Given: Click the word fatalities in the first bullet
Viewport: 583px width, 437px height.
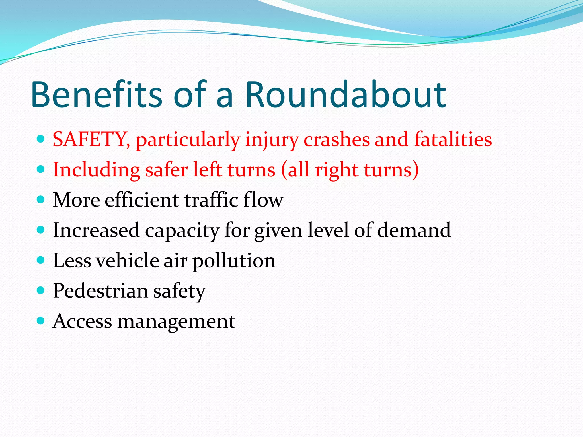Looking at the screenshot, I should coord(453,139).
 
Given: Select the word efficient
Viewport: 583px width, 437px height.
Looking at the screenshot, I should coord(142,200).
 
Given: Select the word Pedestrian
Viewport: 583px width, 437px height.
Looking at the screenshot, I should coord(100,291).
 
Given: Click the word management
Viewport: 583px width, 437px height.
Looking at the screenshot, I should coord(176,322).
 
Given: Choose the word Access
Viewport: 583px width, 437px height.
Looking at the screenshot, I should coord(82,321).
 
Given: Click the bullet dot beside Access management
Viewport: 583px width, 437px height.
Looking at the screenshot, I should coord(41,321).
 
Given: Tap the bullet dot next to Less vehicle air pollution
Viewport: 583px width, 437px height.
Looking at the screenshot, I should coord(41,260).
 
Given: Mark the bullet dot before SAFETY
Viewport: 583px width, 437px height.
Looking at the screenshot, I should coord(41,139).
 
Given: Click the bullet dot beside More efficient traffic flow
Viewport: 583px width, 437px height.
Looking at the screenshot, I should coord(41,199).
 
